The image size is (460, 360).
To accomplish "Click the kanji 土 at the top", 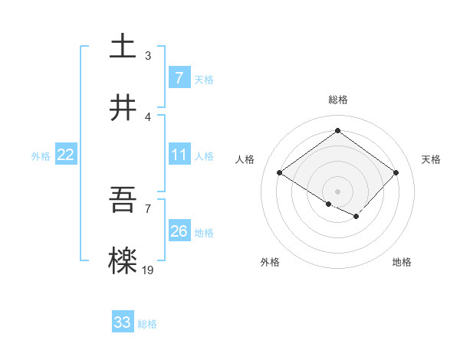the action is click(123, 47).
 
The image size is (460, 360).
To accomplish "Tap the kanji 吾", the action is click(123, 201).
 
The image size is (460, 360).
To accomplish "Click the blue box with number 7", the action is click(179, 78).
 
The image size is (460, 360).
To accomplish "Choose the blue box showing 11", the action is click(179, 155).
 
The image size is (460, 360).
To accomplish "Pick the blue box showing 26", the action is click(179, 231).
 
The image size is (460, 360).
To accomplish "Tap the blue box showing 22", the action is click(66, 155).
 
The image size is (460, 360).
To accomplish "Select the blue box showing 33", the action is click(123, 322).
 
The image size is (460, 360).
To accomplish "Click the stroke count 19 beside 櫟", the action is click(148, 270).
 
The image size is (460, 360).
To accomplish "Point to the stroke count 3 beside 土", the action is click(148, 55).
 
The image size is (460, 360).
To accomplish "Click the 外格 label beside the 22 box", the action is click(41, 155).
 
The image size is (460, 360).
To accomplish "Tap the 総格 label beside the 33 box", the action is click(147, 324).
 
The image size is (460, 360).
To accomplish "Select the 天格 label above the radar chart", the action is click(432, 159).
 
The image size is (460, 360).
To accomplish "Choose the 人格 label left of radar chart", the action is click(245, 159).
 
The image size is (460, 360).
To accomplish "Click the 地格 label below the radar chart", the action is click(402, 262).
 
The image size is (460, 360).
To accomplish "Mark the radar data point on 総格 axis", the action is click(337, 131).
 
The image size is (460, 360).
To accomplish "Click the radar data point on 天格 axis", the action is click(396, 173).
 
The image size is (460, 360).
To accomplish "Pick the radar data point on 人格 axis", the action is click(280, 173).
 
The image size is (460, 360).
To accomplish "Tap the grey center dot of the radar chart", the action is click(337, 191).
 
